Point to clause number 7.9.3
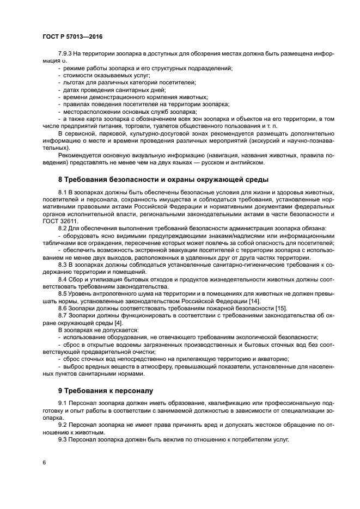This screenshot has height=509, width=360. click(x=65, y=53)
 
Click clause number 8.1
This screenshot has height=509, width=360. click(x=63, y=193)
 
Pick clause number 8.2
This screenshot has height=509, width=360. click(x=63, y=228)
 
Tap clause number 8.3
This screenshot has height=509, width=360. click(x=63, y=263)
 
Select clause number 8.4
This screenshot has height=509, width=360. click(x=63, y=280)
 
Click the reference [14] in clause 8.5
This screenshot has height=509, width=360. click(x=254, y=302)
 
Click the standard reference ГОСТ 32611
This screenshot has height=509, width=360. click(x=58, y=221)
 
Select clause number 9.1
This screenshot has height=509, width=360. click(x=63, y=403)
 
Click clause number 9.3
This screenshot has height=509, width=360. click(x=63, y=439)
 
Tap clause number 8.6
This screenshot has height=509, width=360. click(x=63, y=309)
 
